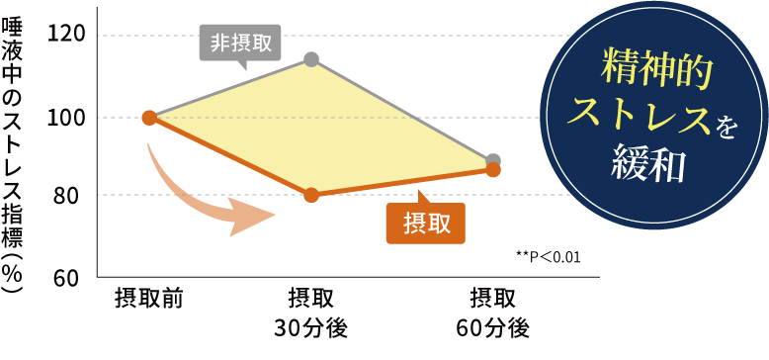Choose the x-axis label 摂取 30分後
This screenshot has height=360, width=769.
(311, 312)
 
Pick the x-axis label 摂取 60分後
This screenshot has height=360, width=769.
(493, 312)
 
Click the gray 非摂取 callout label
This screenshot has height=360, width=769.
(241, 43)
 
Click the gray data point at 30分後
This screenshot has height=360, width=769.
(311, 59)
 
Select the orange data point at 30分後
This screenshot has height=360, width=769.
(311, 195)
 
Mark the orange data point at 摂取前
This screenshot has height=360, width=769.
(149, 118)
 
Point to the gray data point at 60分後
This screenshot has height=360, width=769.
(493, 160)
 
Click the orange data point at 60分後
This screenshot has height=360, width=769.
(493, 170)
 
